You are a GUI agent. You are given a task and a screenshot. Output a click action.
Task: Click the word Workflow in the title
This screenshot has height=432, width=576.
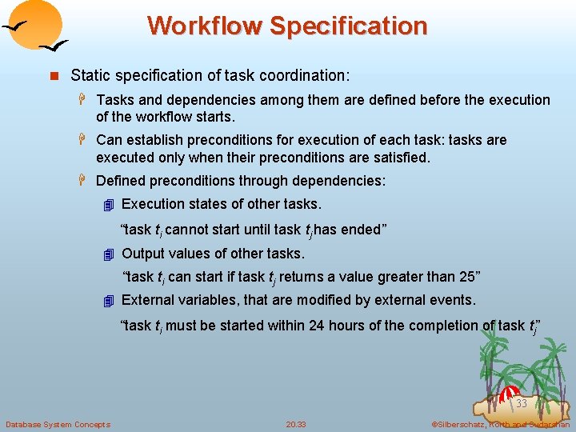(204, 26)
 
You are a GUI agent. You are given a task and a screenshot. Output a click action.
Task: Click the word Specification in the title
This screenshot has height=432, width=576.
(348, 26)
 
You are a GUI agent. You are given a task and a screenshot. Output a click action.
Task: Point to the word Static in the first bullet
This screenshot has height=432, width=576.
(90, 76)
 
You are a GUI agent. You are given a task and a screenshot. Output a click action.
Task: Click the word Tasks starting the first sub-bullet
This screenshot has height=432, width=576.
(115, 100)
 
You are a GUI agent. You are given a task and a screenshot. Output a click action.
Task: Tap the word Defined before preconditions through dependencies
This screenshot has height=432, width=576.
(122, 181)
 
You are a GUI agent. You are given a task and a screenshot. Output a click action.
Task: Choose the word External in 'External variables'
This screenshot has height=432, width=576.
(149, 300)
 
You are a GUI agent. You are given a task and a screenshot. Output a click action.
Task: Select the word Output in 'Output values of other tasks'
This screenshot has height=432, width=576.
(142, 254)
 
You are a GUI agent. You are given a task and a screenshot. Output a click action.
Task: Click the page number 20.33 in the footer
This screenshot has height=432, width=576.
(296, 424)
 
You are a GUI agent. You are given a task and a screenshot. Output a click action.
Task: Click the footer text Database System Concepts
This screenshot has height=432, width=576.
(58, 424)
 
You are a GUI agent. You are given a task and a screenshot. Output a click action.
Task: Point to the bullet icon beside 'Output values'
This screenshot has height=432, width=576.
(110, 254)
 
